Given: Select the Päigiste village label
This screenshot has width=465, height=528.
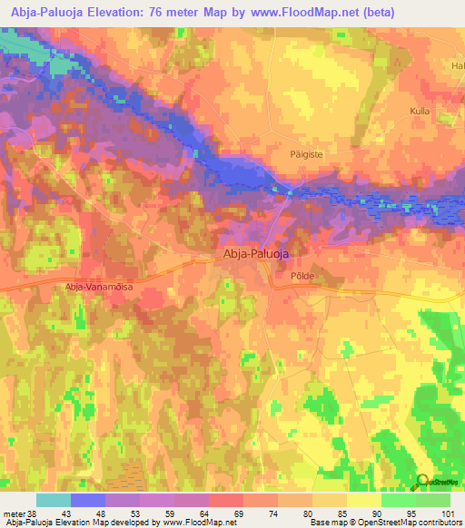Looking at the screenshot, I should point(283,155).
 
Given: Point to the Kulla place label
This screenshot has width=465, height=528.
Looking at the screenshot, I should point(420,110).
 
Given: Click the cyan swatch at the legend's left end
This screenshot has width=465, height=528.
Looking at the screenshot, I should point(54,500).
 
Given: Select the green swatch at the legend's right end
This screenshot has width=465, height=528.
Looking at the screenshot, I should point(433,500).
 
